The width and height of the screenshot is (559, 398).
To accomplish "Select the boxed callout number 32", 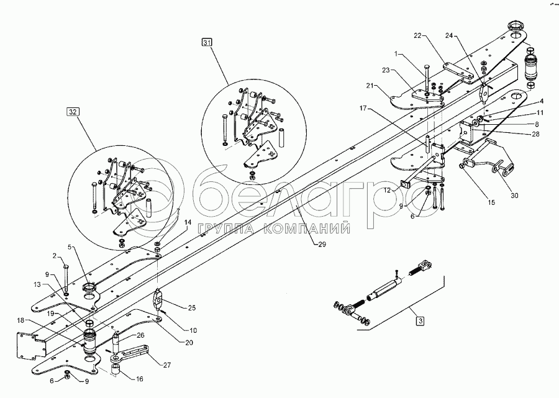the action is tap(73, 112).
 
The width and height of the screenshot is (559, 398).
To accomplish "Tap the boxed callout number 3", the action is tap(420, 321).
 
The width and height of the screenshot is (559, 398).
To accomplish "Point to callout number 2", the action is tap(55, 255).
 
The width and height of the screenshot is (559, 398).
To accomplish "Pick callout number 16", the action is tap(140, 378).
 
